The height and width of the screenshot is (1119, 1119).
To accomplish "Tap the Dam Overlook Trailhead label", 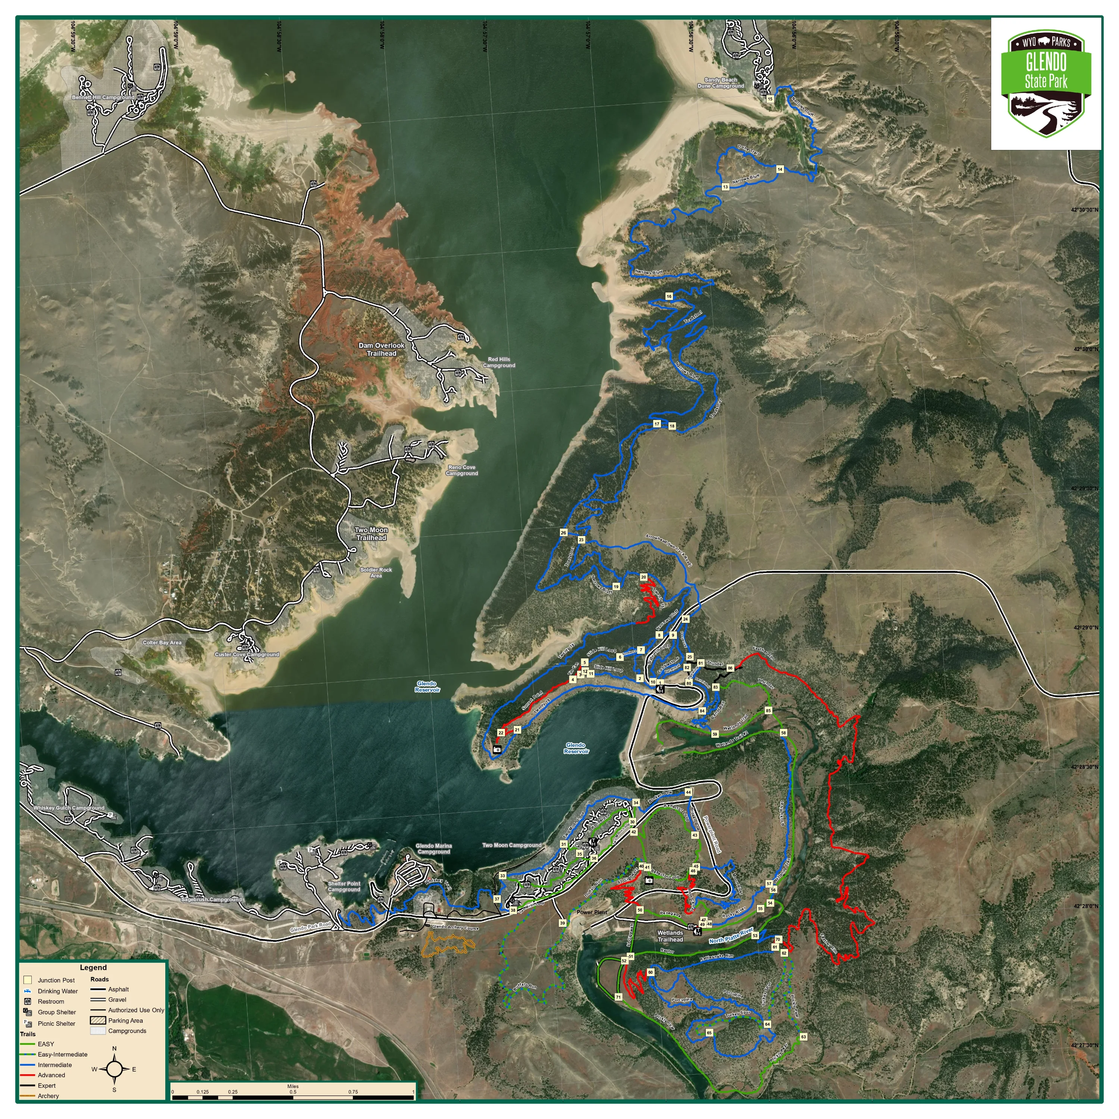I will [381, 349].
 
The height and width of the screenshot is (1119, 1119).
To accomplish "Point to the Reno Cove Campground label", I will [462, 470].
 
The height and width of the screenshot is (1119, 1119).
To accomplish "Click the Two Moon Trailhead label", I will [371, 533].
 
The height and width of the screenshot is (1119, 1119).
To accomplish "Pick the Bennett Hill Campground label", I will [103, 97].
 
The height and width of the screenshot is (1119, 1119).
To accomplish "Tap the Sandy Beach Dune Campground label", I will [721, 83].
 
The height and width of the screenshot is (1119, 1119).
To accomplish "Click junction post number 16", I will [669, 296].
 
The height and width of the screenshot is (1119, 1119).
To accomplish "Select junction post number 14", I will [780, 169].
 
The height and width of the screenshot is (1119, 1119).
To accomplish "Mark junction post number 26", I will [563, 532].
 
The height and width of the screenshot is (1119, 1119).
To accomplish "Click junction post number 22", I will [501, 733].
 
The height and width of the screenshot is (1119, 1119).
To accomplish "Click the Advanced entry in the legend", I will [51, 1075].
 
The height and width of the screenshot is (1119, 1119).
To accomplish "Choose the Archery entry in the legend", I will [48, 1096].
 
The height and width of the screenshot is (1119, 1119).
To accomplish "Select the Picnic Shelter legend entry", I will [56, 1024].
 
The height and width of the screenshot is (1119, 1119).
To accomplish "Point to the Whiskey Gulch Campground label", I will [69, 808].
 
